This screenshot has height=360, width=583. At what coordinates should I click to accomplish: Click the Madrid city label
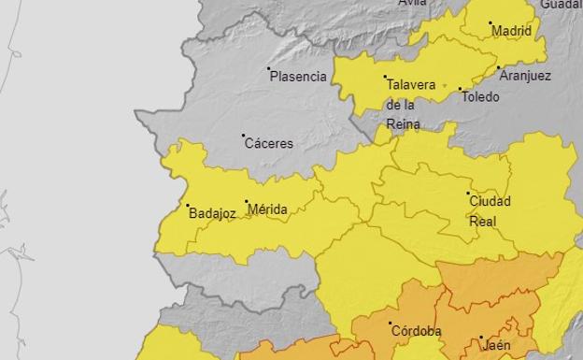click(x=511, y=31)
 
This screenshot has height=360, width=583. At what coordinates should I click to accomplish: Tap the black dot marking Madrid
click(x=491, y=22)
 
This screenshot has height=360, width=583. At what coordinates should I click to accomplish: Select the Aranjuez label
click(x=524, y=76)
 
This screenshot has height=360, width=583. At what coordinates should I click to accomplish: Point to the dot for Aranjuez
click(x=499, y=67)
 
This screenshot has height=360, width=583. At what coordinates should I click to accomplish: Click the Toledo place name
click(x=479, y=97)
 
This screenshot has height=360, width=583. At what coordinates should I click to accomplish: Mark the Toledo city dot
click(x=461, y=90)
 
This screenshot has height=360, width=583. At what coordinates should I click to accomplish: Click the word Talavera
click(x=411, y=85)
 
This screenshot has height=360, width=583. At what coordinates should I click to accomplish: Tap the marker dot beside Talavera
click(x=385, y=77)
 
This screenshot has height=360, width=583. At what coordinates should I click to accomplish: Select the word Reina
click(x=403, y=123)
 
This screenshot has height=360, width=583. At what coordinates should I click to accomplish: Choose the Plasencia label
click(x=298, y=77)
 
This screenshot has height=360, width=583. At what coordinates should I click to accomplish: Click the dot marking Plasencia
click(x=269, y=68)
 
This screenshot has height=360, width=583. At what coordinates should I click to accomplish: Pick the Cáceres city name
click(x=268, y=144)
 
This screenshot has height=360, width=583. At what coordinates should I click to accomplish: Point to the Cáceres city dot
click(x=244, y=136)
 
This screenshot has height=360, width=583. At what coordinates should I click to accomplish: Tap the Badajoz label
click(x=212, y=213)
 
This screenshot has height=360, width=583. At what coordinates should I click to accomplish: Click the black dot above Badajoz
click(x=187, y=206)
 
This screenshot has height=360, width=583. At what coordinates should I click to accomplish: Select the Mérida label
click(x=267, y=209)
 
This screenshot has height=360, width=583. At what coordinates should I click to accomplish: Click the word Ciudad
click(x=490, y=201)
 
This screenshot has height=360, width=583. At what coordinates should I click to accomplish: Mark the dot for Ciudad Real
click(x=469, y=194)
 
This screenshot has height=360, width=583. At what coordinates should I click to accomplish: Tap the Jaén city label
click(x=497, y=345)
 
